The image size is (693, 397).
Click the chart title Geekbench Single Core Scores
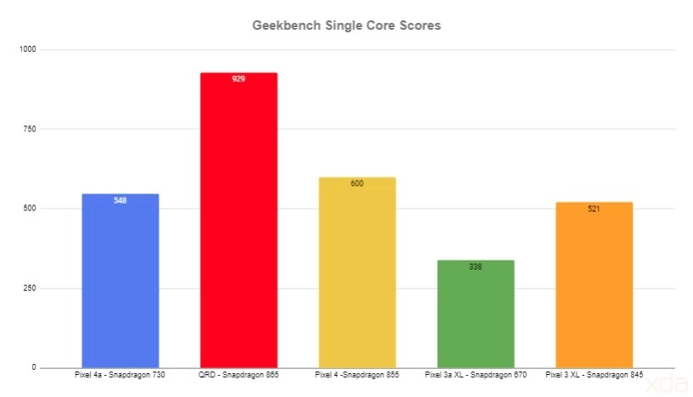click(x=346, y=25)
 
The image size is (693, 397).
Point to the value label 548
click(x=120, y=201)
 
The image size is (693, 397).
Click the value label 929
click(x=238, y=79)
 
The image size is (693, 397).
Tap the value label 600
click(x=357, y=183)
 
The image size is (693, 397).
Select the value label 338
click(x=476, y=266)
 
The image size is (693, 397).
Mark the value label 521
click(x=594, y=209)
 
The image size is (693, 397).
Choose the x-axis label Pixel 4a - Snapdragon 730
click(x=120, y=374)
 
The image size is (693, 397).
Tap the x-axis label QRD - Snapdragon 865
click(x=238, y=374)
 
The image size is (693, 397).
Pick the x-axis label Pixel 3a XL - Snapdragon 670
click(x=476, y=374)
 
